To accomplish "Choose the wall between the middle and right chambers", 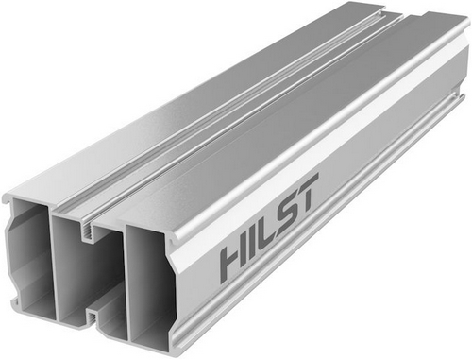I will (123, 283).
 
